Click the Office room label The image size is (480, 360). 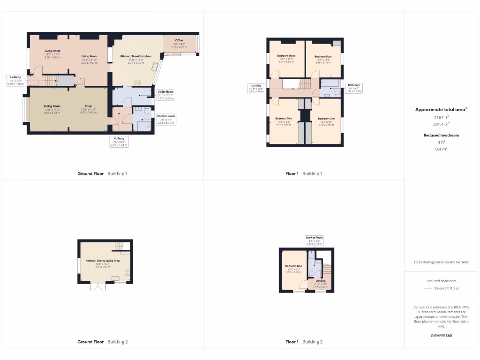click(179, 40)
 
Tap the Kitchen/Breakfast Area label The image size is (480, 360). click(136, 56)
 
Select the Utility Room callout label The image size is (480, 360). click(165, 92)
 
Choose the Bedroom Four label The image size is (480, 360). click(323, 56)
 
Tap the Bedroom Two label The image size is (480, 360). click(284, 119)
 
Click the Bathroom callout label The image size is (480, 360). click(354, 85)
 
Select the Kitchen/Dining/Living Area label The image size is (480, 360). click(102, 261)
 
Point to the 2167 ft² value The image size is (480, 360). click(442, 118)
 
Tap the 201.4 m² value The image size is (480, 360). click(442, 125)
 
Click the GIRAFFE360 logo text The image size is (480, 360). click(442, 336)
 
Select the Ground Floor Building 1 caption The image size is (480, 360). click(102, 173)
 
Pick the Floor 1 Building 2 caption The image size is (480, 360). click(304, 342)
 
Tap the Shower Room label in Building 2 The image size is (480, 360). click(314, 238)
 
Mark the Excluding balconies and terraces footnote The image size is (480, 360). click(442, 262)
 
